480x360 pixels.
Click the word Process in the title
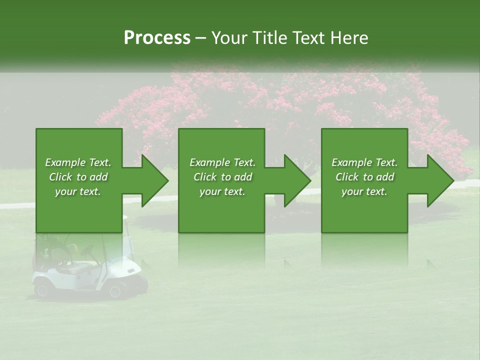point(157,37)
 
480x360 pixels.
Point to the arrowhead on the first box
point(153,180)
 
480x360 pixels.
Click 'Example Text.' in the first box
point(78,162)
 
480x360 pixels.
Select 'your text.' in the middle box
point(222,191)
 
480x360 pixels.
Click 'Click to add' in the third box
point(364,177)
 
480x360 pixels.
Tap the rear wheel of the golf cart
point(41,289)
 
